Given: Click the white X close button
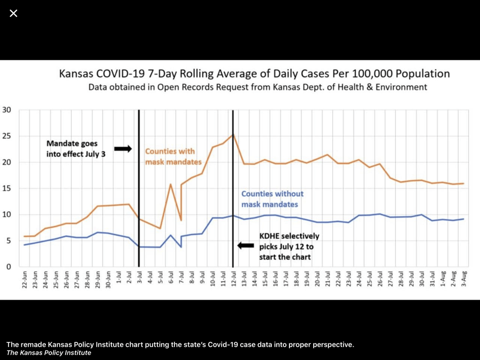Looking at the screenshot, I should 13,13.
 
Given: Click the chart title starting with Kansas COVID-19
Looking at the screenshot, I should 254,74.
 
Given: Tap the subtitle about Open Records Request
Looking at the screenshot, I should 258,87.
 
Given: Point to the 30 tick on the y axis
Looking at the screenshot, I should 6,110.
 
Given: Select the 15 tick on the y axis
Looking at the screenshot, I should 6,188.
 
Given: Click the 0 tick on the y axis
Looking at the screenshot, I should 8,267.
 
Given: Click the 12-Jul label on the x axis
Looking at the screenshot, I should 233,280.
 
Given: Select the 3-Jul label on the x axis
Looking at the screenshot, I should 139,280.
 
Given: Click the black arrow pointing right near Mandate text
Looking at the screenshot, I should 123,149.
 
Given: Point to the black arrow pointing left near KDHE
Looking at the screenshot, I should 246,245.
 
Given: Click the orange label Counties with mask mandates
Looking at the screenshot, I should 173,156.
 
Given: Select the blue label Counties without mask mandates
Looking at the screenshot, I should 272,199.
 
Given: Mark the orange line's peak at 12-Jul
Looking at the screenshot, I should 233,134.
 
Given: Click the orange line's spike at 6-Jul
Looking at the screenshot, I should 171,185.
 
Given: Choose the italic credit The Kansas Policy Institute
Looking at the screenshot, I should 49,353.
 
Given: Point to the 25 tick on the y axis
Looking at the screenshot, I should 6,136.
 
